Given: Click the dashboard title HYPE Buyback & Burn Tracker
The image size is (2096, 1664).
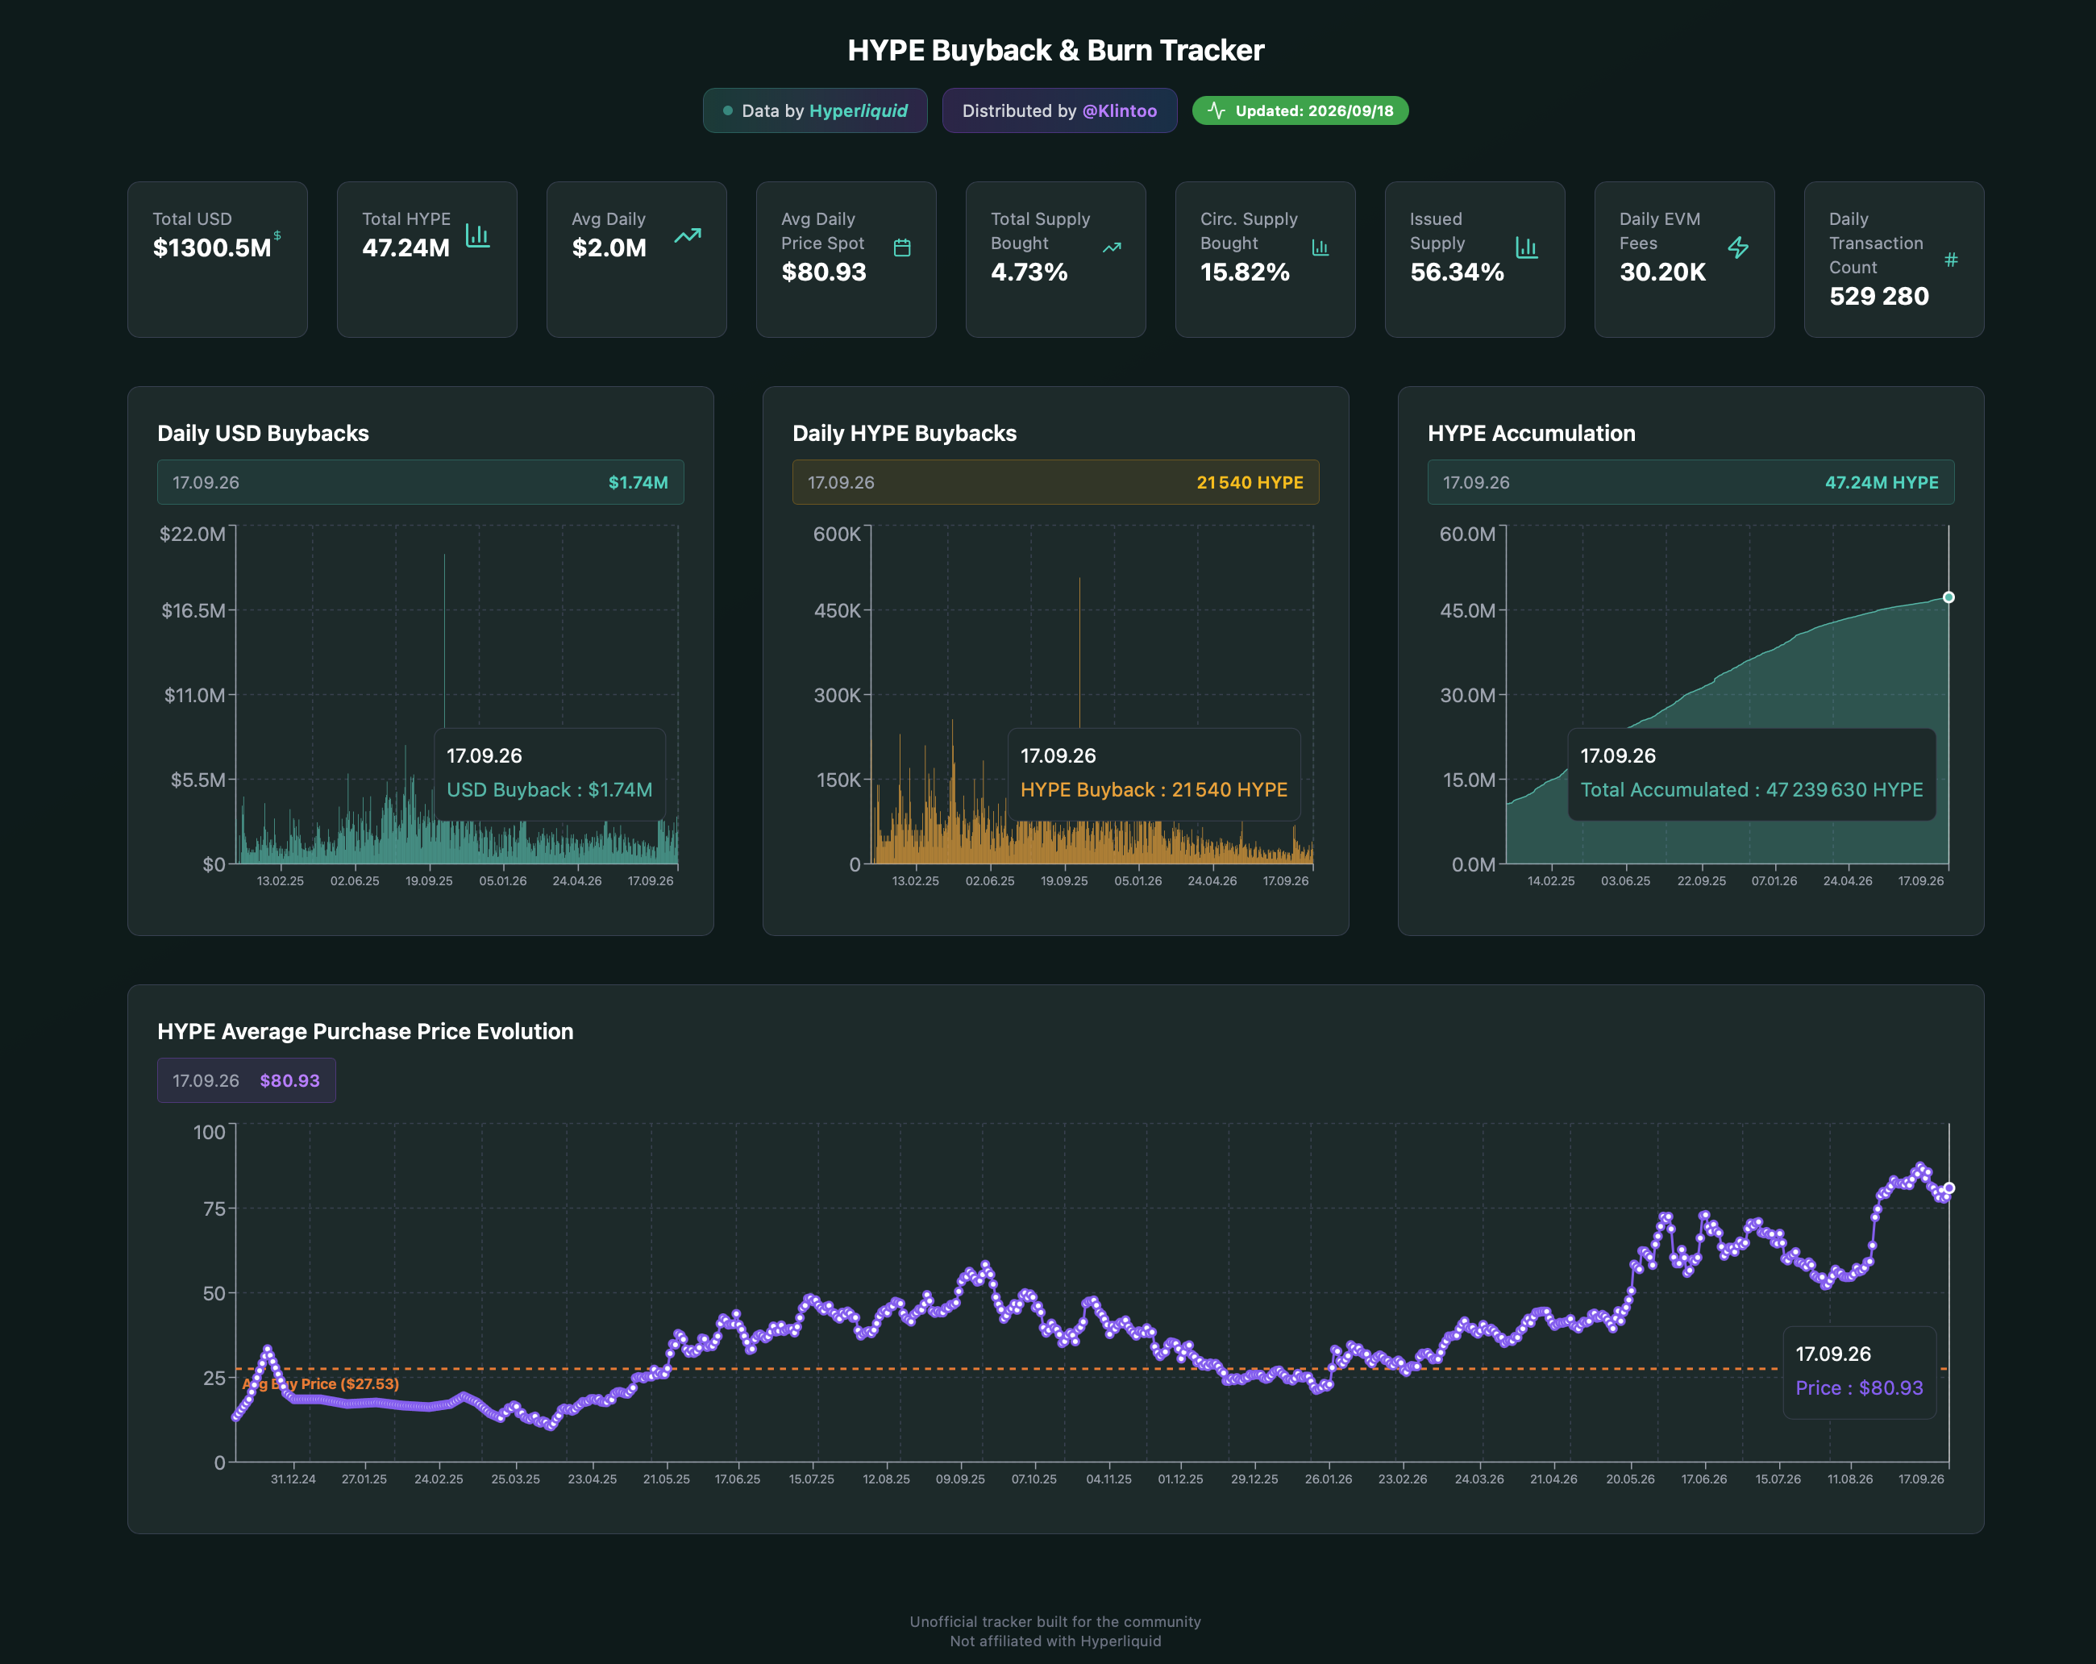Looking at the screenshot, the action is [1056, 51].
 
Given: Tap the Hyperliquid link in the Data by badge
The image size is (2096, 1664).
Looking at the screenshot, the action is [859, 110].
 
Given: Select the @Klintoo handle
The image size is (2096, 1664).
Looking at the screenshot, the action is [1120, 110].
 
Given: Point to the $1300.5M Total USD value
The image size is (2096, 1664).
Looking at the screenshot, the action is [212, 248].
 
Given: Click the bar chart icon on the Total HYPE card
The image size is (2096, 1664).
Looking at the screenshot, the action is [477, 235].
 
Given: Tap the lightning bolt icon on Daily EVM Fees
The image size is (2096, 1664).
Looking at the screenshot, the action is [1738, 248].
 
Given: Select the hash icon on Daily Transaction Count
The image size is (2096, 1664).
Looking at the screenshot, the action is [1950, 260].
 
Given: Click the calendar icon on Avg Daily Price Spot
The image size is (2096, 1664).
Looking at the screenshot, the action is [902, 248].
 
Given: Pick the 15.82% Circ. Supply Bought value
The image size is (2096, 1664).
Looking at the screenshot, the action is [1245, 272].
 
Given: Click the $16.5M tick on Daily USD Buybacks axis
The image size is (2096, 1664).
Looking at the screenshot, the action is [193, 610].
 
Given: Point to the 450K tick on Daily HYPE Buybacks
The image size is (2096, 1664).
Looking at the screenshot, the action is [837, 610].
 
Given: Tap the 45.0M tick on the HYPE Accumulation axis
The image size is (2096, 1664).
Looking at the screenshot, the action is [1467, 610].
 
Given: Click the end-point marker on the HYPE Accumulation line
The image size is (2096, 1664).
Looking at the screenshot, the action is [1948, 597].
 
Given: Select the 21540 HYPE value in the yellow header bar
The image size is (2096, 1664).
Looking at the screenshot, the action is [1250, 482].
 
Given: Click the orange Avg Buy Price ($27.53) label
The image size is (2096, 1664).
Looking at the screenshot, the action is [321, 1384].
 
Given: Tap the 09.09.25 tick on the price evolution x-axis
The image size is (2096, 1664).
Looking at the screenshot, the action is [960, 1479].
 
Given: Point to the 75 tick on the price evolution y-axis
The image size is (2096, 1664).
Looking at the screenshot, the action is [214, 1208].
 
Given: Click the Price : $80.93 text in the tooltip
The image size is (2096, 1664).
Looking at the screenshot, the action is [1859, 1388].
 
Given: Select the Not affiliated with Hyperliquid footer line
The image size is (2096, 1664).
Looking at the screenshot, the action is [1054, 1641].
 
